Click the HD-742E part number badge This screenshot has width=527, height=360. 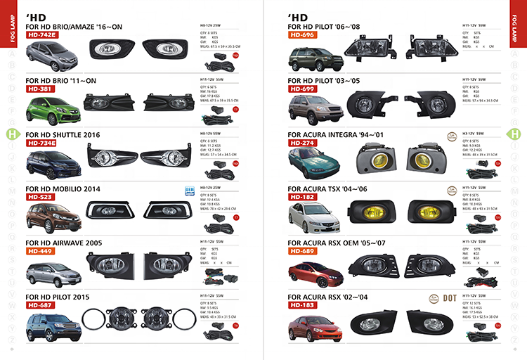42,35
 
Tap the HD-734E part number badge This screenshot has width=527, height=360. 42,143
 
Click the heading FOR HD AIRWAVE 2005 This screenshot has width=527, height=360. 63,243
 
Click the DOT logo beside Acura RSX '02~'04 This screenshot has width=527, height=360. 451,297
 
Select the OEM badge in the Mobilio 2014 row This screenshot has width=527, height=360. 188,190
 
